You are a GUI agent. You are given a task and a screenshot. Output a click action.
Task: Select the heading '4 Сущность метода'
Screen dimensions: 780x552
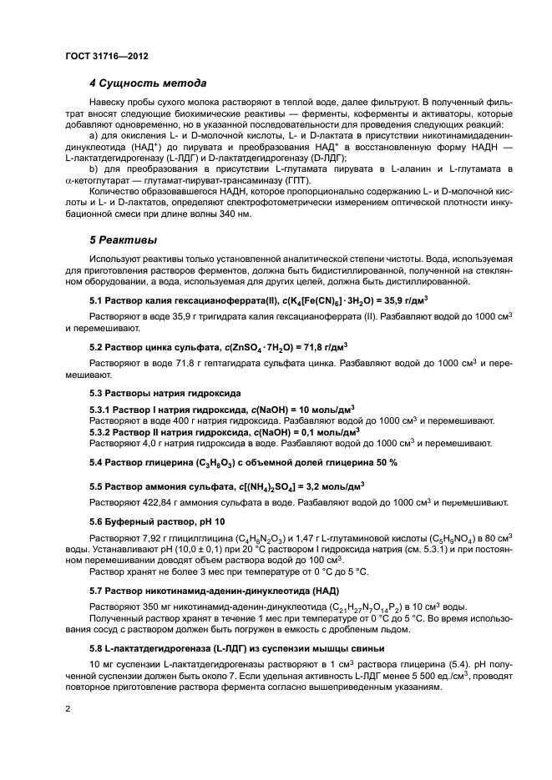click(x=148, y=83)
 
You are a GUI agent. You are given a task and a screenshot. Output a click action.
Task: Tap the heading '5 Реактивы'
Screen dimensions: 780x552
click(x=124, y=240)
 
